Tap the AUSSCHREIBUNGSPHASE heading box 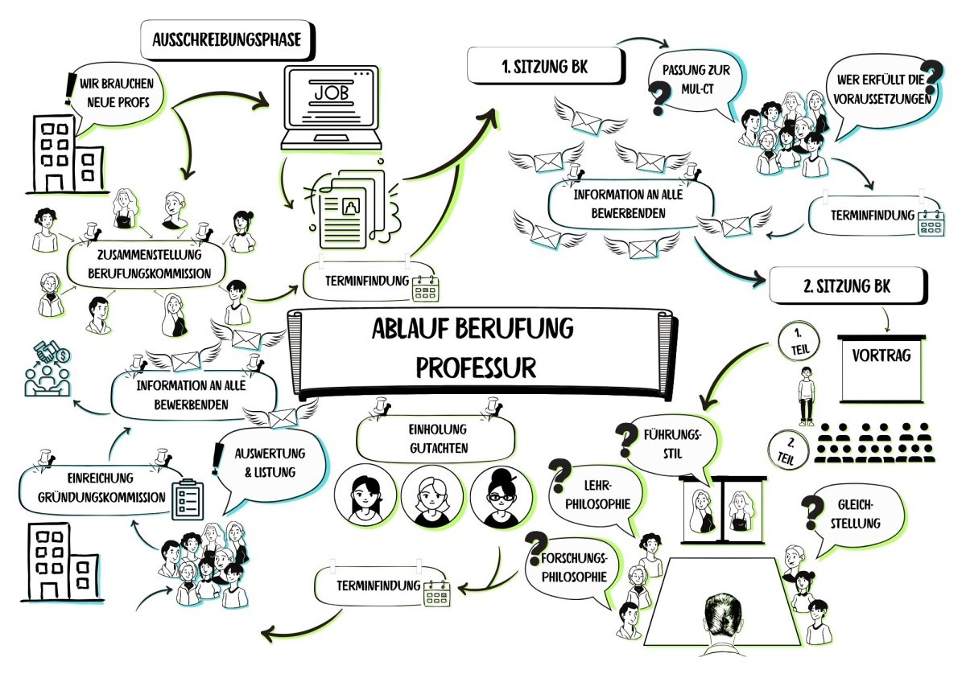(x=227, y=39)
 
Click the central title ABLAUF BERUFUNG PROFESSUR (x=476, y=347)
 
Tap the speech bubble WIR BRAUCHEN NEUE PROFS (x=121, y=92)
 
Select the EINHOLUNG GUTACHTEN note (x=435, y=438)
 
